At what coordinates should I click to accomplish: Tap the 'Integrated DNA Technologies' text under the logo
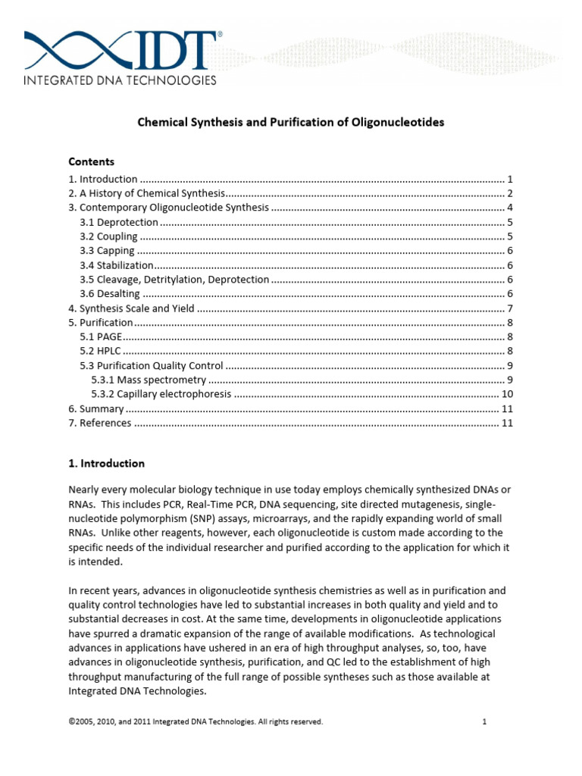click(120, 80)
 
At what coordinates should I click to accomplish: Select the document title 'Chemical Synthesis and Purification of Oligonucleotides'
click(290, 122)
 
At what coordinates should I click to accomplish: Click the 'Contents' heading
click(91, 161)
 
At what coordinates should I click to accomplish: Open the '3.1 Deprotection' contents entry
click(119, 222)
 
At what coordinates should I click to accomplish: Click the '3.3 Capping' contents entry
click(108, 251)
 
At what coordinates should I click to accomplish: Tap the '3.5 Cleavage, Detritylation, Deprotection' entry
click(174, 280)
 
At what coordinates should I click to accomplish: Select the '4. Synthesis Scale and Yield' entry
click(131, 308)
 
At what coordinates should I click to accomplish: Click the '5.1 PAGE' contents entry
click(100, 336)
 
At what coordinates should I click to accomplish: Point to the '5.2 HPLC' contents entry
click(101, 351)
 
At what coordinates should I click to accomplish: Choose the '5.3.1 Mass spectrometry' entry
click(149, 380)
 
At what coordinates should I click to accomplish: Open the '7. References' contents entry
click(99, 423)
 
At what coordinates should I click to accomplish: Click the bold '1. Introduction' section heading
click(106, 463)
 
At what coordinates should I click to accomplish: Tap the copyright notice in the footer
click(196, 722)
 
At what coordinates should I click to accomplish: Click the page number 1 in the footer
click(483, 722)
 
